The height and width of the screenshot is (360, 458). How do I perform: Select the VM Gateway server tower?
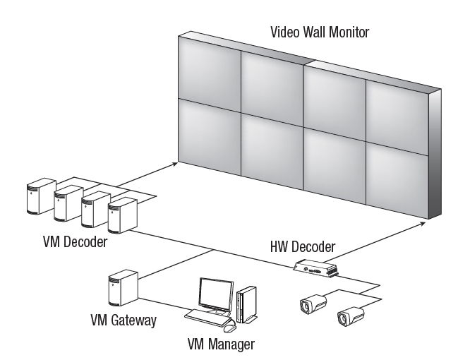(119, 289)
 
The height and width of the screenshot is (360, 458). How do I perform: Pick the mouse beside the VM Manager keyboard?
(229, 327)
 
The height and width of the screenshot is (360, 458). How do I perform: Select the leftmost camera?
(311, 304)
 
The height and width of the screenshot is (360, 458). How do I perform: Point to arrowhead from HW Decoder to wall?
(423, 222)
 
